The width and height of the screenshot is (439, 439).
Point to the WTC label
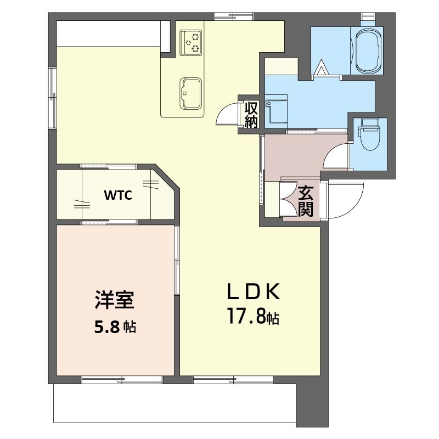tap(118, 196)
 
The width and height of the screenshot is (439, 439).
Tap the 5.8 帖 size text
tap(115, 328)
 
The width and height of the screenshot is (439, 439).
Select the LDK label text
tap(254, 291)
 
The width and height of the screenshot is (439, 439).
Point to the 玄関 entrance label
tap(306, 201)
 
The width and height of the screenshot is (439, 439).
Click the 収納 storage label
tap(251, 115)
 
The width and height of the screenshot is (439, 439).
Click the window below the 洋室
tap(122, 379)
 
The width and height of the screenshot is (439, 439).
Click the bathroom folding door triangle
tap(321, 68)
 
